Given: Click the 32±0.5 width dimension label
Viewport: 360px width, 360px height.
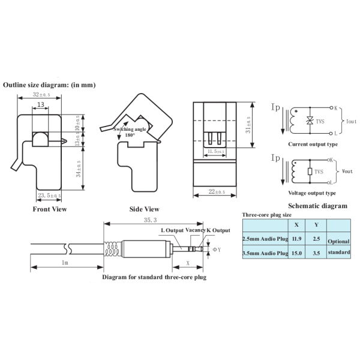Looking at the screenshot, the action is [x=41, y=94].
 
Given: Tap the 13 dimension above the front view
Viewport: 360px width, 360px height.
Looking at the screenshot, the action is [x=41, y=104].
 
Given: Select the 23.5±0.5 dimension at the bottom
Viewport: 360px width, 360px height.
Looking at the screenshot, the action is [x=49, y=196].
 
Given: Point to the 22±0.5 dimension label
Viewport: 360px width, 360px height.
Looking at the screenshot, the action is [x=217, y=191].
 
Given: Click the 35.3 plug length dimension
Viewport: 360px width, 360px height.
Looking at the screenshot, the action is [x=150, y=220].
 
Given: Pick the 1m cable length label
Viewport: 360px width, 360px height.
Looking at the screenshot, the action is [x=65, y=262].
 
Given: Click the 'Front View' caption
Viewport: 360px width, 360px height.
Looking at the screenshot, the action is [x=50, y=209].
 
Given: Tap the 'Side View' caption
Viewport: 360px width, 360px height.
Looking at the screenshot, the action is [x=144, y=209].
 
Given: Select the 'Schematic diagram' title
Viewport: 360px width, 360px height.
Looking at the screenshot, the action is [x=318, y=206].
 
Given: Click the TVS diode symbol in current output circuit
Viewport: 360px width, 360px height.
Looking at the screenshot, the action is [x=310, y=121].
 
